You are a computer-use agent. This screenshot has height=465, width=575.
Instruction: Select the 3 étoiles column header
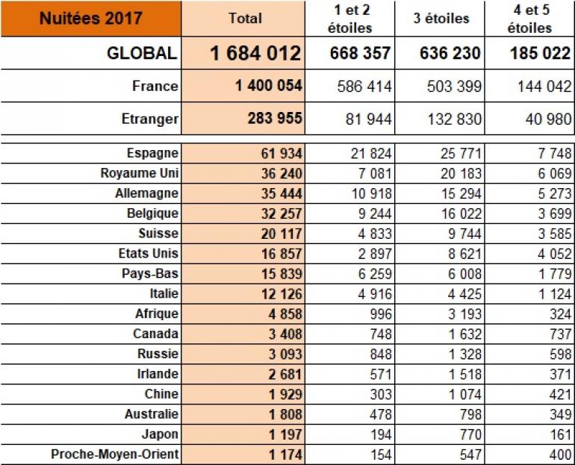[442, 18]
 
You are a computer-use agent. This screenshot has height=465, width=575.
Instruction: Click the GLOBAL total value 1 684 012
[255, 54]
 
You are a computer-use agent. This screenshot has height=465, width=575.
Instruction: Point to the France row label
[155, 87]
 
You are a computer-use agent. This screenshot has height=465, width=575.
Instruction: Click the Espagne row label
[152, 153]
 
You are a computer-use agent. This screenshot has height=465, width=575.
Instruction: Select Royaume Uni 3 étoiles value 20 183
[458, 173]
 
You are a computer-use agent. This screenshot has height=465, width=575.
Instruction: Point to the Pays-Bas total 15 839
[279, 274]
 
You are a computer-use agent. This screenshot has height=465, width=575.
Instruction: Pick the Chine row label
[161, 394]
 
